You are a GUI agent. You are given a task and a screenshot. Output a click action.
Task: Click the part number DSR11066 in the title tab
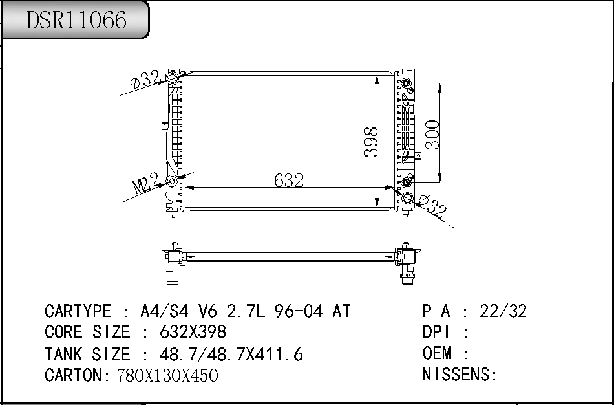(76, 21)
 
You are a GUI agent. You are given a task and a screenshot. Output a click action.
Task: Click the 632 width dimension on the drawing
(289, 181)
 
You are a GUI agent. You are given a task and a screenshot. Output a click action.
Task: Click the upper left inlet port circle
(173, 79)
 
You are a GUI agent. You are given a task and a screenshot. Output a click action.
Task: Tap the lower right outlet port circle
(407, 199)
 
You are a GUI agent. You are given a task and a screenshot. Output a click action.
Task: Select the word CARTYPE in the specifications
(77, 311)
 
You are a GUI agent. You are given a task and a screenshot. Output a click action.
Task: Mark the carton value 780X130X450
(167, 375)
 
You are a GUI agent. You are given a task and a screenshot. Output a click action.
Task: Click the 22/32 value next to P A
(503, 311)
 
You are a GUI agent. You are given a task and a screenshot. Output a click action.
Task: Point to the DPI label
(437, 333)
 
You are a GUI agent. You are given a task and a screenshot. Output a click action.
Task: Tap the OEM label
(437, 354)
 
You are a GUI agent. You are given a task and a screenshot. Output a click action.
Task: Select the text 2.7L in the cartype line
(245, 311)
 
